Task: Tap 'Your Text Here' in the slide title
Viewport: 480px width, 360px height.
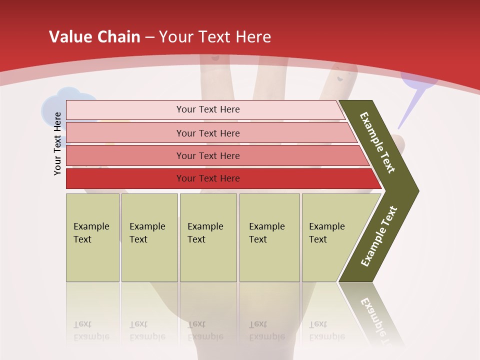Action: (215, 37)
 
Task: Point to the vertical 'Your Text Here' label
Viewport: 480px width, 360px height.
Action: (57, 143)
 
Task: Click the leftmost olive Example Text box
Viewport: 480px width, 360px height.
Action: (92, 237)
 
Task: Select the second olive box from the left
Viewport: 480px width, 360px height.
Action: (149, 237)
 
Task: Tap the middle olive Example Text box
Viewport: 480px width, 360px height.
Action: (208, 237)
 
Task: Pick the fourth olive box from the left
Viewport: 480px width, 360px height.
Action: (269, 237)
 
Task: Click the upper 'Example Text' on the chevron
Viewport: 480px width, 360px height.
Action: (377, 142)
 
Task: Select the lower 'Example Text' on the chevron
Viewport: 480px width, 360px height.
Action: (379, 236)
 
